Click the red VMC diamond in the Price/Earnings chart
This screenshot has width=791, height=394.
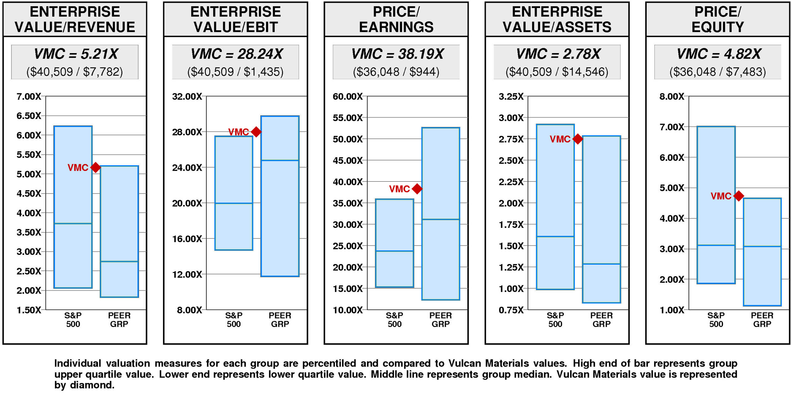417,189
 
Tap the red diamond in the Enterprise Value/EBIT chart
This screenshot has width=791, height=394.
256,132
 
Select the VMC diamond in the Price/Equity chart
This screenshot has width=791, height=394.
738,196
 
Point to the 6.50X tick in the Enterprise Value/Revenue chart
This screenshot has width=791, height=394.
29,116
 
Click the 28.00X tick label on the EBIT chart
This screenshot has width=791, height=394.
187,132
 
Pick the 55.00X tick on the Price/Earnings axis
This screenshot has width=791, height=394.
348,118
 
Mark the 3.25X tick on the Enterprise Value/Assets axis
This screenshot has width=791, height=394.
511,97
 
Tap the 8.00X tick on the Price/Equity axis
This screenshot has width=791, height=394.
672,97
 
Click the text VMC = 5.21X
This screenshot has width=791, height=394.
75,54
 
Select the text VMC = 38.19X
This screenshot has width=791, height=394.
397,54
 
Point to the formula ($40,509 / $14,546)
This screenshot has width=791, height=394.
557,72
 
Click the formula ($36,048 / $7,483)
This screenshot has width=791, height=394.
717,72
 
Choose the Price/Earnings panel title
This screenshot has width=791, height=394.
396,19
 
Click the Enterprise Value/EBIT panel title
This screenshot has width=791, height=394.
235,19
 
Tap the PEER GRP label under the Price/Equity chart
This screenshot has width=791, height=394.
762,320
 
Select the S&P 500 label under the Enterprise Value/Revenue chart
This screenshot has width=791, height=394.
73,320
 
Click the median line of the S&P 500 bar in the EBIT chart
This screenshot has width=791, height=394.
234,203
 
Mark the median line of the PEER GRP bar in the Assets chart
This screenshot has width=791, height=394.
601,264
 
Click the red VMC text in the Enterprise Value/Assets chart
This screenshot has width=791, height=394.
560,139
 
